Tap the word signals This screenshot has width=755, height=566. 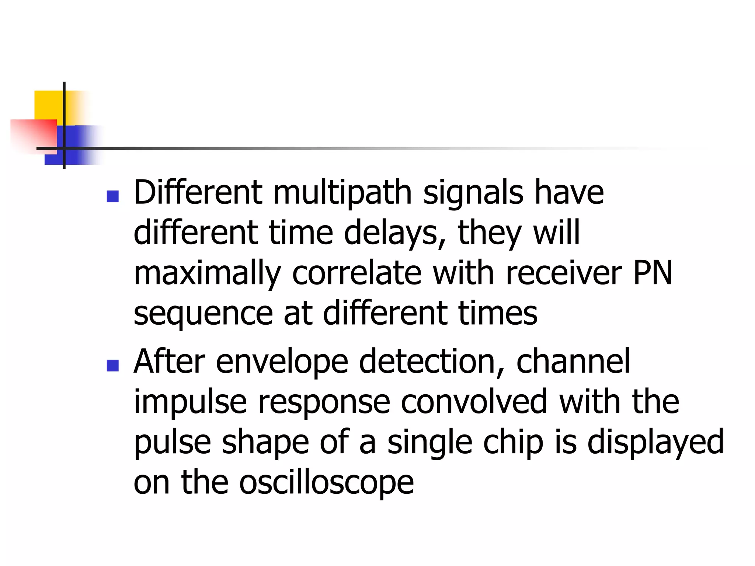coord(473,193)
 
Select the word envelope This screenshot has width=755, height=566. coord(282,363)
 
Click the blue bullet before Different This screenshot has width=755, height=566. coord(112,196)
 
